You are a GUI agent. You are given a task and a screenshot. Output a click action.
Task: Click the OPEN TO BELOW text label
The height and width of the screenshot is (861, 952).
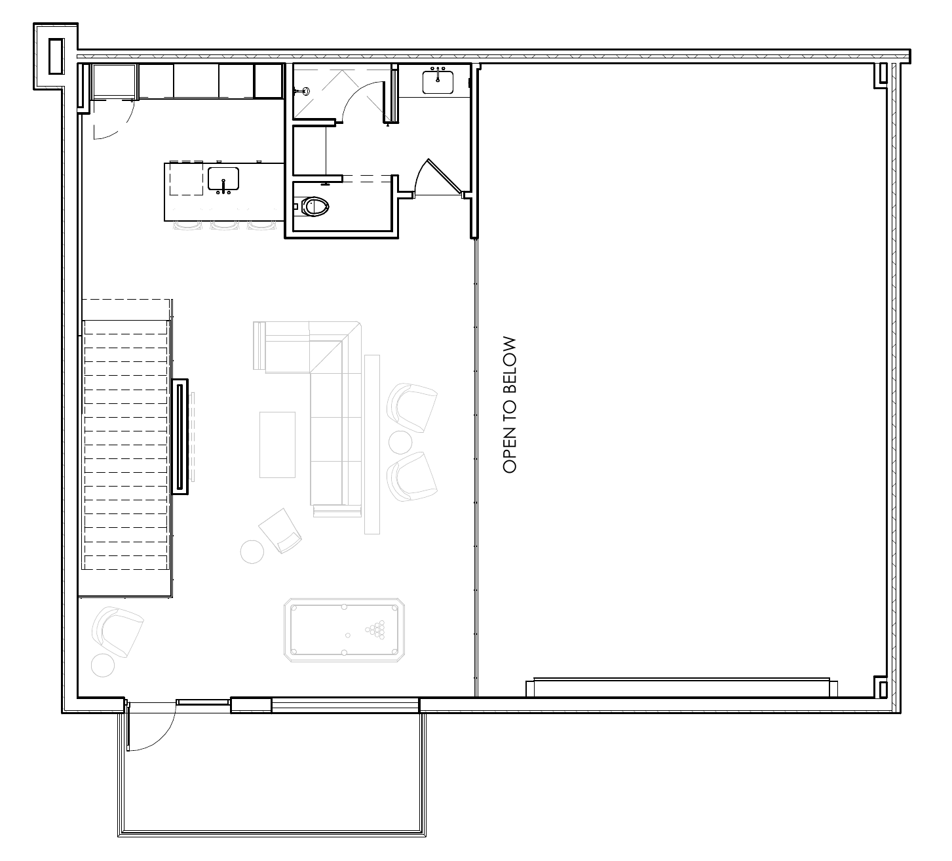(x=509, y=405)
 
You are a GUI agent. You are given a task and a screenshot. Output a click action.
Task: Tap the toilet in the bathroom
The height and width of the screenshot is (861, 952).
(x=313, y=207)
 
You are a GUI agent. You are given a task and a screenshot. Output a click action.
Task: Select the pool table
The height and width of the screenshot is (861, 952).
(x=344, y=630)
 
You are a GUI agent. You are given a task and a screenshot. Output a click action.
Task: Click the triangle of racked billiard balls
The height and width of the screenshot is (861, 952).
(x=375, y=630)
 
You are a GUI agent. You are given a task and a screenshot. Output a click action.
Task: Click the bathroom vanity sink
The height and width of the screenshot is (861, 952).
(x=438, y=81)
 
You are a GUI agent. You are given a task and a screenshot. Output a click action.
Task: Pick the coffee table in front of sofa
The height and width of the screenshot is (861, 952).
(x=277, y=445)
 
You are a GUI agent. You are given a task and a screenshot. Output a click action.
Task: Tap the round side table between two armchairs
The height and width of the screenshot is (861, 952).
(x=400, y=443)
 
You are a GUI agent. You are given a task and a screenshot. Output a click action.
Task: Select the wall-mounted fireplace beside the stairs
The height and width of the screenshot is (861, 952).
(x=180, y=437)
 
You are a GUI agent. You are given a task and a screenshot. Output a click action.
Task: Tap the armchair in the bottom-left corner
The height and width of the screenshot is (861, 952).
(x=118, y=632)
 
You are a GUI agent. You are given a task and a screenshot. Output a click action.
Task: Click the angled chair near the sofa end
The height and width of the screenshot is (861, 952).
(x=280, y=531)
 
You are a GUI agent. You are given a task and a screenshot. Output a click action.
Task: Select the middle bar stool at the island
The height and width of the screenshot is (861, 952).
(x=225, y=226)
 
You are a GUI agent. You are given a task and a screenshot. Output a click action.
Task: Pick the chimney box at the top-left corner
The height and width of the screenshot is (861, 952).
(x=56, y=56)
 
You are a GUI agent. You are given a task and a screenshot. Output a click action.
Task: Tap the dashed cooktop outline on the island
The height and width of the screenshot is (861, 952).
(x=187, y=178)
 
